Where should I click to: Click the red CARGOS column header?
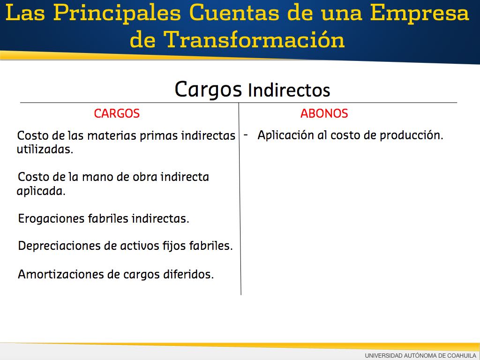[117, 113]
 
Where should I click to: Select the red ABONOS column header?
[324, 113]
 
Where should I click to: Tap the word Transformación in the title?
[254, 39]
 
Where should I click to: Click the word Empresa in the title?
[420, 14]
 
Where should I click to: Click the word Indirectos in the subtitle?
[289, 90]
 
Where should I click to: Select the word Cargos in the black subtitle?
[208, 90]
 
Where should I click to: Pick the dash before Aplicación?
[246, 135]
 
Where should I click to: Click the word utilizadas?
[45, 150]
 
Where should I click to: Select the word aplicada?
[41, 191]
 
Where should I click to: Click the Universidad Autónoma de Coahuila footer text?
[420, 355]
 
